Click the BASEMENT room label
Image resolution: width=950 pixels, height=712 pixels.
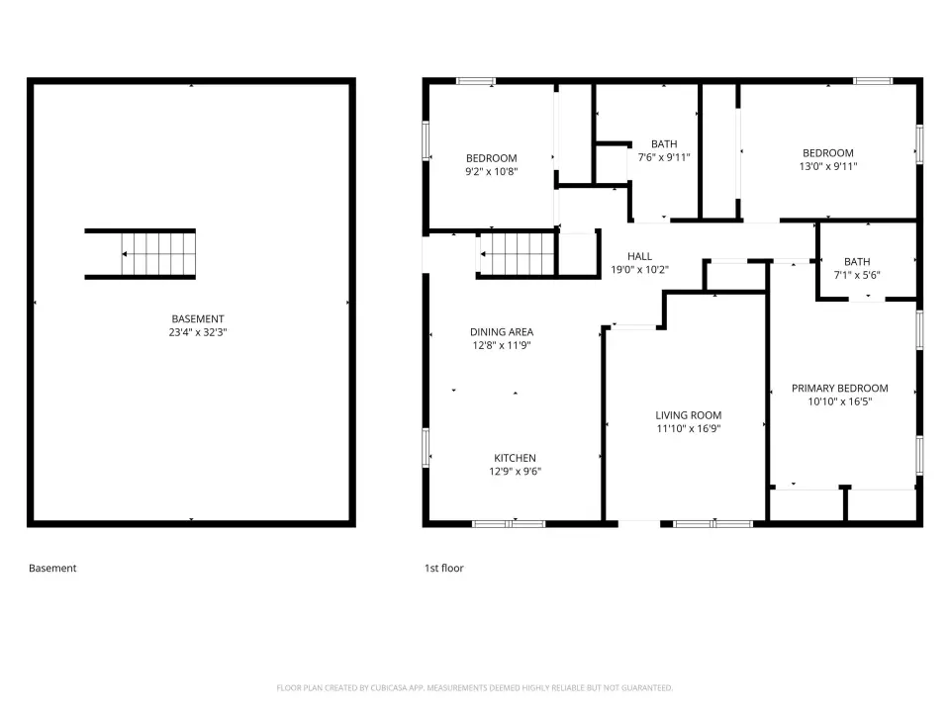point(198,318)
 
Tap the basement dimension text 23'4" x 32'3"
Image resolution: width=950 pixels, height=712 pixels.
point(198,332)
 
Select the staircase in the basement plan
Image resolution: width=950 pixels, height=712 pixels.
point(140,254)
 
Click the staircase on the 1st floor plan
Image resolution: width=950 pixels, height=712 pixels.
point(517,254)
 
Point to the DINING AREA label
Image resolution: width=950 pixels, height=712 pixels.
point(502,332)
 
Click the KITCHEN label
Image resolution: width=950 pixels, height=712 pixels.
point(515,458)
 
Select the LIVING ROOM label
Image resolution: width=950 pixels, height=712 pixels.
point(689,415)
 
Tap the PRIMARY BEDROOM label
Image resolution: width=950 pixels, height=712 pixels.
point(840,388)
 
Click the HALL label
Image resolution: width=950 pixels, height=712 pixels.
point(640,256)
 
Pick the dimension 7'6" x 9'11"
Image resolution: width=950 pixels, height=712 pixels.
point(664,157)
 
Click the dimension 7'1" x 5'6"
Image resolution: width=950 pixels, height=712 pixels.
point(857,275)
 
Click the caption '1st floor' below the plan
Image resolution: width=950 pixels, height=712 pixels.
point(443,568)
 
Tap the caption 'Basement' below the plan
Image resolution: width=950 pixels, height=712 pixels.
point(52,568)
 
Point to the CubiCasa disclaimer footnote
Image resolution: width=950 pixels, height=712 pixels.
point(474,688)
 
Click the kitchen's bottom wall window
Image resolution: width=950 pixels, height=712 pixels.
point(509,524)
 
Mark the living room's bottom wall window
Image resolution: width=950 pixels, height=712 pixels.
point(713,524)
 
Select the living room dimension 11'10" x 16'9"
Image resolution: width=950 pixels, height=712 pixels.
point(689,428)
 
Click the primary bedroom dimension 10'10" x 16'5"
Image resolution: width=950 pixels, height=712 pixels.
point(840,401)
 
